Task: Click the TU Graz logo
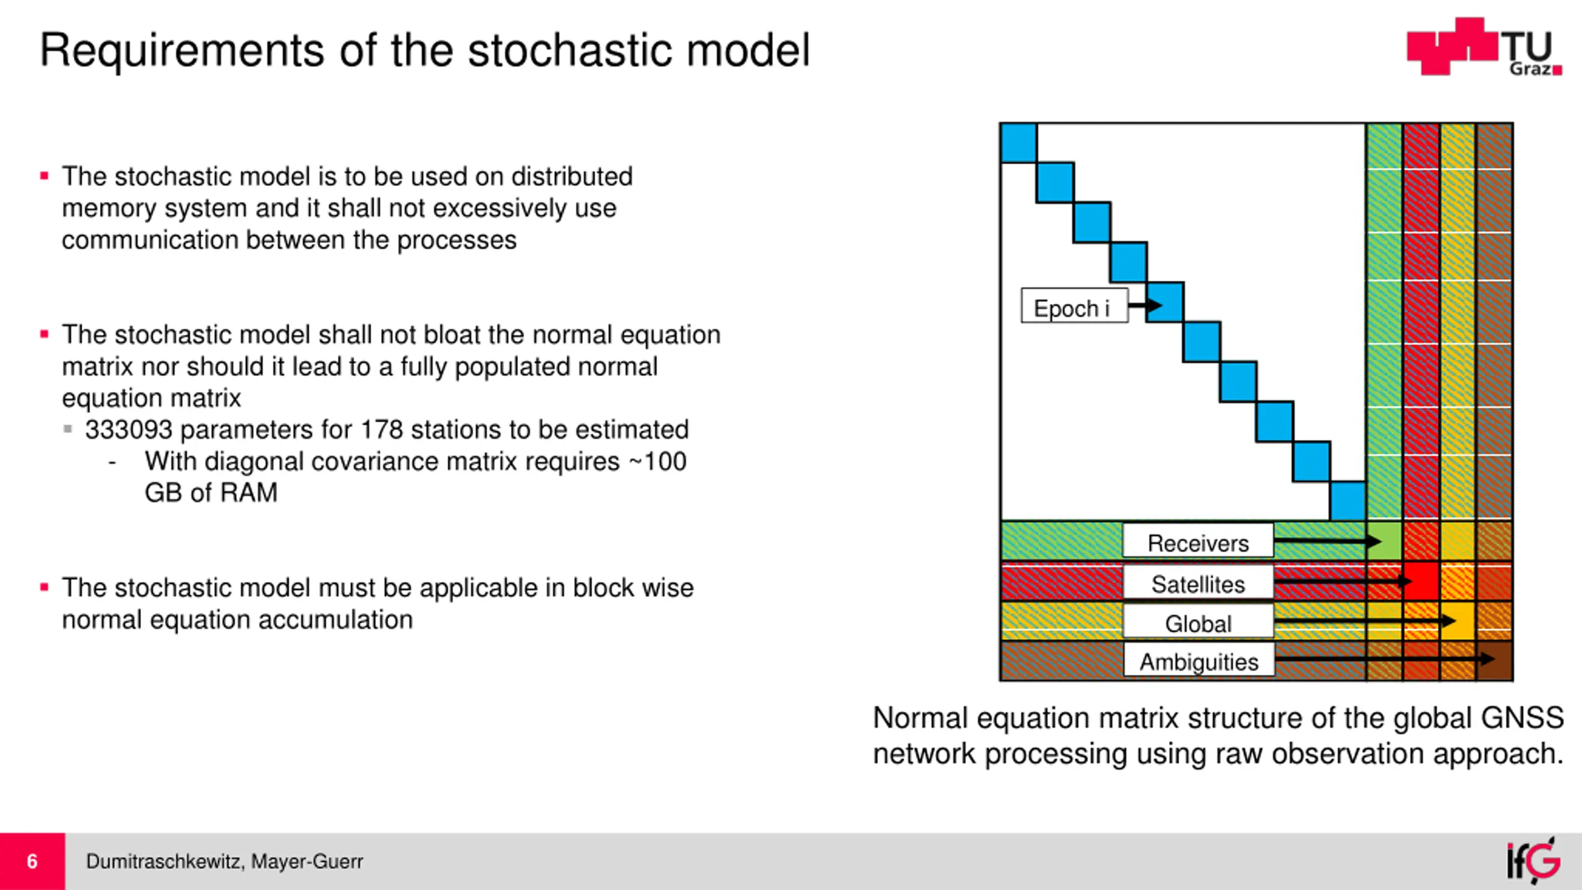(1484, 47)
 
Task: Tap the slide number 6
(32, 861)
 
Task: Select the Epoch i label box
(1074, 306)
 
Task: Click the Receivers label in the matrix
(1198, 542)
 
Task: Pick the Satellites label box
(1198, 583)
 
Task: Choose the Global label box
(1198, 622)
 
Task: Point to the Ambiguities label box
(1199, 661)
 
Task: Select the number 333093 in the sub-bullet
(129, 430)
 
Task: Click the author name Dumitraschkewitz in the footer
(164, 861)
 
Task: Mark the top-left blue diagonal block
(1018, 143)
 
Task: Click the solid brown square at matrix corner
(1495, 661)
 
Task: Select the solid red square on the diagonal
(1421, 582)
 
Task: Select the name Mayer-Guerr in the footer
(307, 861)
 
